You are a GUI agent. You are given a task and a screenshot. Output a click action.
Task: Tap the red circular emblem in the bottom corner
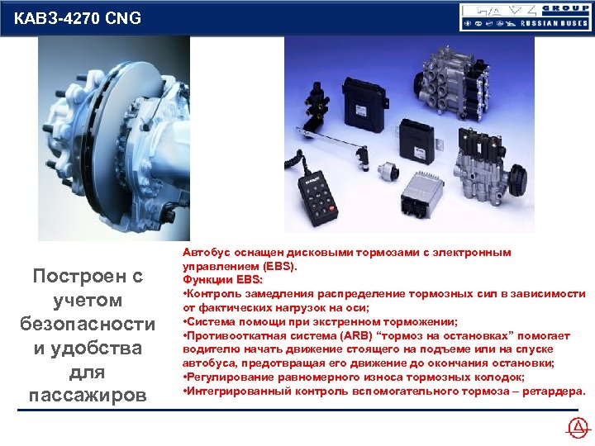578,428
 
